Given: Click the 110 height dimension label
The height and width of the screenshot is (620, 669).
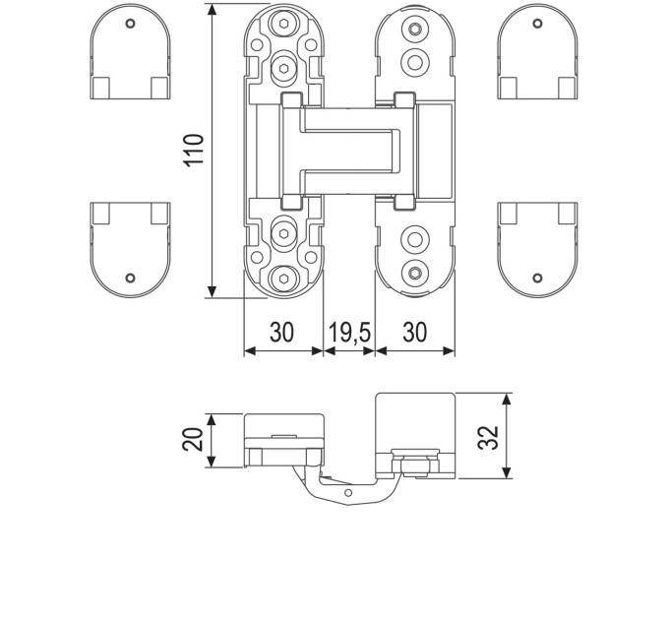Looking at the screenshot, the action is (194, 150).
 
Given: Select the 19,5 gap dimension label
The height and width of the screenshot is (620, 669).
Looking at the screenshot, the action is (350, 333).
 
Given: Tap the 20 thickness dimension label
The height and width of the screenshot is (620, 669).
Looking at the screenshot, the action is (193, 439).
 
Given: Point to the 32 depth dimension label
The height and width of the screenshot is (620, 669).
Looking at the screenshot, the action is (488, 437).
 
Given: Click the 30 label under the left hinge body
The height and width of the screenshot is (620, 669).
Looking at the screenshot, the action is (282, 333).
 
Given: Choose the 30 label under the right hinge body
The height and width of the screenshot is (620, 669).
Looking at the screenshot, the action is (415, 333).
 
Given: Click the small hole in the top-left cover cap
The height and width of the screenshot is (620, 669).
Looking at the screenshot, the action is (130, 23).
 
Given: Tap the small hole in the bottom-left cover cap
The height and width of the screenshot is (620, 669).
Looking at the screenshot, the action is (130, 279).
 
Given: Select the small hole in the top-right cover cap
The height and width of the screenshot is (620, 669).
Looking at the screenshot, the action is (537, 23).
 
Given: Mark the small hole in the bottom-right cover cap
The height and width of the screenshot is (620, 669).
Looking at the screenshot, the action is (537, 279).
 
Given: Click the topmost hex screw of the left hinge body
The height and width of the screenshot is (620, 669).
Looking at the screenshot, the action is (283, 23).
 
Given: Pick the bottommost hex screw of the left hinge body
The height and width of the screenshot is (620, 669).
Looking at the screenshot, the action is (283, 279).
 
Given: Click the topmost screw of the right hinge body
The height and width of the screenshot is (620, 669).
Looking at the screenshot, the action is (415, 29).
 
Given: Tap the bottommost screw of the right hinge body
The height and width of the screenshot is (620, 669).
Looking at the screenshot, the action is (415, 273).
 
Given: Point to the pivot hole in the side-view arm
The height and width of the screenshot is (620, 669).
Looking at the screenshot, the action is (348, 493).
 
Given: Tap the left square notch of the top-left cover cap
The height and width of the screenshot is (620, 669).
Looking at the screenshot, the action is (100, 88).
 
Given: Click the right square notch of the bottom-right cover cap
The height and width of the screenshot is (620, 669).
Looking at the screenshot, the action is (568, 214).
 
